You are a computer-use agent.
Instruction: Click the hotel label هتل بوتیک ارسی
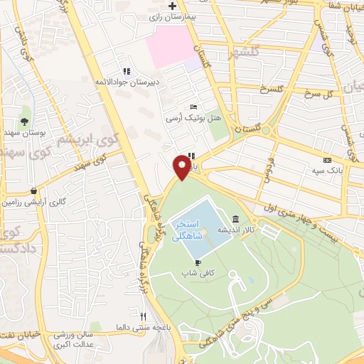(186, 118)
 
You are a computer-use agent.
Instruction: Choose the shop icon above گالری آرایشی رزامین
(34, 191)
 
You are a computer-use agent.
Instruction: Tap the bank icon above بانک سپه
(326, 161)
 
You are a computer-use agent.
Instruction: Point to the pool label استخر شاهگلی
(188, 227)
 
